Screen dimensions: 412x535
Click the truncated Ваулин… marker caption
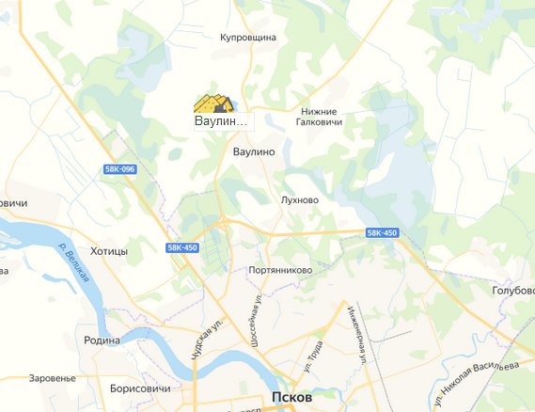click(x=220, y=121)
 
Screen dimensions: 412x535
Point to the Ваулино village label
click(x=253, y=151)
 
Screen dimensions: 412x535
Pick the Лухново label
click(x=300, y=199)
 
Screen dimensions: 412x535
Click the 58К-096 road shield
click(x=120, y=168)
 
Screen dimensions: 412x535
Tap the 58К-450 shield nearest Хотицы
click(x=181, y=247)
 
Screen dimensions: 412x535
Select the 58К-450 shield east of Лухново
click(x=383, y=232)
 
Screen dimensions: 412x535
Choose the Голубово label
click(x=512, y=291)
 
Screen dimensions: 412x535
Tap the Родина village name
click(x=102, y=341)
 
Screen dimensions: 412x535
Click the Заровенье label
click(x=52, y=377)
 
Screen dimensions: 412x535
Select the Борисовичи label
click(x=139, y=388)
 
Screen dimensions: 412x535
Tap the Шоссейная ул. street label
click(x=254, y=320)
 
